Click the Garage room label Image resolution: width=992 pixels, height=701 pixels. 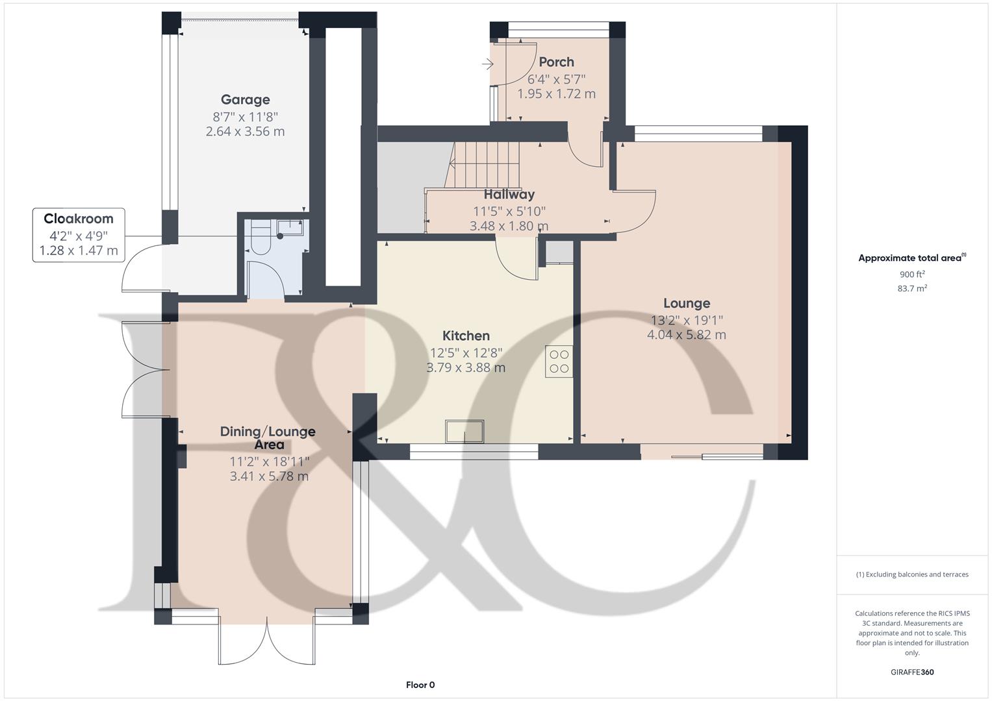tap(245, 100)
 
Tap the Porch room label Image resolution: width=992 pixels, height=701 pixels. tap(556, 62)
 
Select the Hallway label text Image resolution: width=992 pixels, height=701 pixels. tap(509, 194)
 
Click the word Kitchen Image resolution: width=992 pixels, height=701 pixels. tap(466, 336)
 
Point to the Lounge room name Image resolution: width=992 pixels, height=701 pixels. tap(686, 303)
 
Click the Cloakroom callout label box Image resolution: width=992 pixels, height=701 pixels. tap(78, 234)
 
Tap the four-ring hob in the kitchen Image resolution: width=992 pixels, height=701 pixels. tap(559, 362)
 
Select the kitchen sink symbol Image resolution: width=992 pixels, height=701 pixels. tap(464, 431)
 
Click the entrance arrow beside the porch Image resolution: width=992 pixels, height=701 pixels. tap(488, 64)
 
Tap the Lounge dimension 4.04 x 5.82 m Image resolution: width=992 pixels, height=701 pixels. tap(686, 335)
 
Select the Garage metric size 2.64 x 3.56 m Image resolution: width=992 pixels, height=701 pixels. tap(245, 132)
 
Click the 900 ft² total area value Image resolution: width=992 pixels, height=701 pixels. tap(911, 275)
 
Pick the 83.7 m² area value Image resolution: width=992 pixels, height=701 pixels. tap(911, 289)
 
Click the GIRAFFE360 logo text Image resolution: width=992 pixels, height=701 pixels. tap(911, 672)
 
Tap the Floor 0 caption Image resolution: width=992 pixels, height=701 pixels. tap(420, 685)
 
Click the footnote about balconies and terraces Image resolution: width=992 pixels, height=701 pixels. tap(911, 574)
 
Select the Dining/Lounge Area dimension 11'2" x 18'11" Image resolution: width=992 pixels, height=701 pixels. tap(269, 461)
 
